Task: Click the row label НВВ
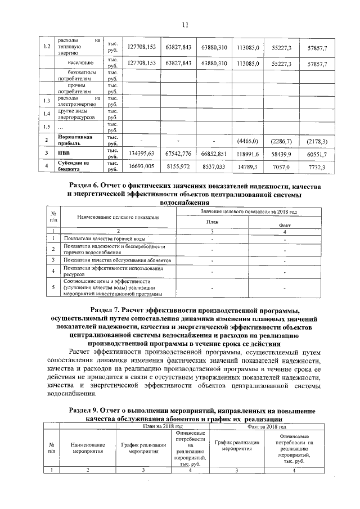[63, 152]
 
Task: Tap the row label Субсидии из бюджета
[73, 166]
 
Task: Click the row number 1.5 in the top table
[47, 126]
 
